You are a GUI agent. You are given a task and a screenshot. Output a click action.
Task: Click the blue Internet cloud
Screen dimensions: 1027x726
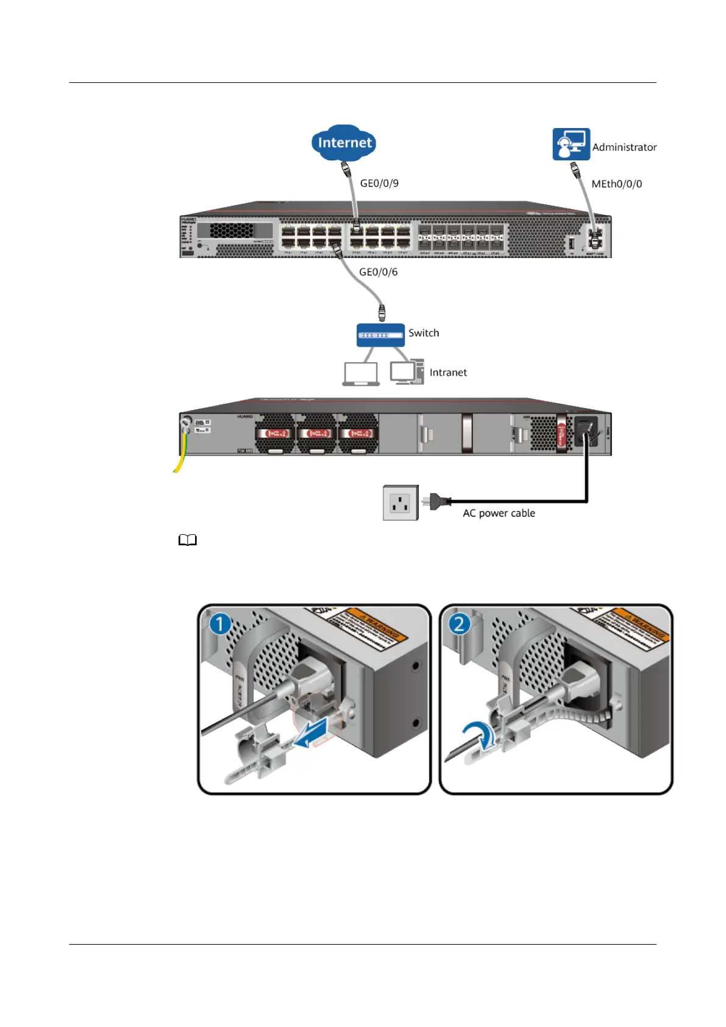344,143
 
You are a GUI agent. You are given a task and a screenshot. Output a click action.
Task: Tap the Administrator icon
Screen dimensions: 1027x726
571,145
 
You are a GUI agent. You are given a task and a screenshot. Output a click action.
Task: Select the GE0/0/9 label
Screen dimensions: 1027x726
379,183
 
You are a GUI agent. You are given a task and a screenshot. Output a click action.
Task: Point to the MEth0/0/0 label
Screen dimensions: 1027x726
616,184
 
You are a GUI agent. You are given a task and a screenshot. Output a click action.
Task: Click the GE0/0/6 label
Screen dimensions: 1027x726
378,272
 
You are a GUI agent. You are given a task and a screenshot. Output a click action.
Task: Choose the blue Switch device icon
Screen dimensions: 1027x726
380,335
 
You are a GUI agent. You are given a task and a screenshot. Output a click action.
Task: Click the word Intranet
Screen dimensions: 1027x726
448,373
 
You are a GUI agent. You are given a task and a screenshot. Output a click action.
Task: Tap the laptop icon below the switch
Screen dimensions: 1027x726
361,374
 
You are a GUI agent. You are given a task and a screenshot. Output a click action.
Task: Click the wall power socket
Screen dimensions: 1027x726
400,503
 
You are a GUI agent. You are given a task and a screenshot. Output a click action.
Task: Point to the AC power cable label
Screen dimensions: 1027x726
499,513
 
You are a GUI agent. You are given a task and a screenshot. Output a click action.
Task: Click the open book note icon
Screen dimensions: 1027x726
188,540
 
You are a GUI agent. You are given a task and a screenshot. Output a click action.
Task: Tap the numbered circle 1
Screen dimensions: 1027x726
220,624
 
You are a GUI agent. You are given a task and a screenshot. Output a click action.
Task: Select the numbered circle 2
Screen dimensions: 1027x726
459,624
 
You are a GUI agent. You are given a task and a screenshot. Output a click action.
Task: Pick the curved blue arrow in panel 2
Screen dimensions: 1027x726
479,734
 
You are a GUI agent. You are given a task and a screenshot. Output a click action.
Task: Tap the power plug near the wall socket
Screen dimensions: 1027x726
439,502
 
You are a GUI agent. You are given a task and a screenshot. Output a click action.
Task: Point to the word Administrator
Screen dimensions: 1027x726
624,147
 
